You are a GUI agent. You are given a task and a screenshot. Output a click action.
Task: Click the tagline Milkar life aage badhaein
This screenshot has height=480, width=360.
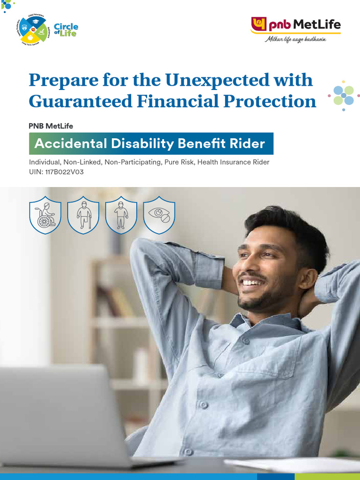(295, 39)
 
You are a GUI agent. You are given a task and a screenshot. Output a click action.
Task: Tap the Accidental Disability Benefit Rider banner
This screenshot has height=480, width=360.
(150, 144)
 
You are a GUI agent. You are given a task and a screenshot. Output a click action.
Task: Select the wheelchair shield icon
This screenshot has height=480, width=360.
(45, 215)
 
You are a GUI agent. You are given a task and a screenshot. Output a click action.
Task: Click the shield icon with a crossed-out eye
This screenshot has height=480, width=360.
(159, 215)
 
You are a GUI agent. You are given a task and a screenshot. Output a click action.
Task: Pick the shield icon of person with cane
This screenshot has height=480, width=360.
(83, 215)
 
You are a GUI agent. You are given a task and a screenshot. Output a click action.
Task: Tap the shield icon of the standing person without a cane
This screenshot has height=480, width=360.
(121, 215)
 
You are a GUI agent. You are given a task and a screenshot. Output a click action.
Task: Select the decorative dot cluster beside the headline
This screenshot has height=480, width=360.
(344, 95)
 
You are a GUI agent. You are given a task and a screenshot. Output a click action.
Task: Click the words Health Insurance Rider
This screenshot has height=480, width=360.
(236, 162)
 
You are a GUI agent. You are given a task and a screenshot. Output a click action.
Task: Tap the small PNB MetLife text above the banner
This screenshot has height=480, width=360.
(51, 126)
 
